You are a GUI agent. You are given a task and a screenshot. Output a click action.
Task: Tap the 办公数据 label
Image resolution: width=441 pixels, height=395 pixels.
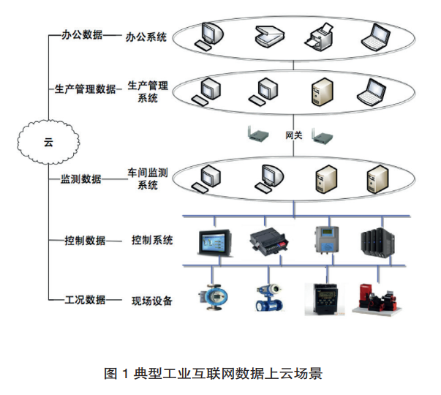point(80,34)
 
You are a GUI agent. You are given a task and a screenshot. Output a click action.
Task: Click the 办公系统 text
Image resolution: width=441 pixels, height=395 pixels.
point(146,35)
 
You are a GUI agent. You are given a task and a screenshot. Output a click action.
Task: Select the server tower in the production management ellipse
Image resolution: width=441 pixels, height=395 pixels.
point(320,89)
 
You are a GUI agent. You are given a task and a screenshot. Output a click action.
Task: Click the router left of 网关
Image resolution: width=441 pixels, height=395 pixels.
point(257,135)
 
